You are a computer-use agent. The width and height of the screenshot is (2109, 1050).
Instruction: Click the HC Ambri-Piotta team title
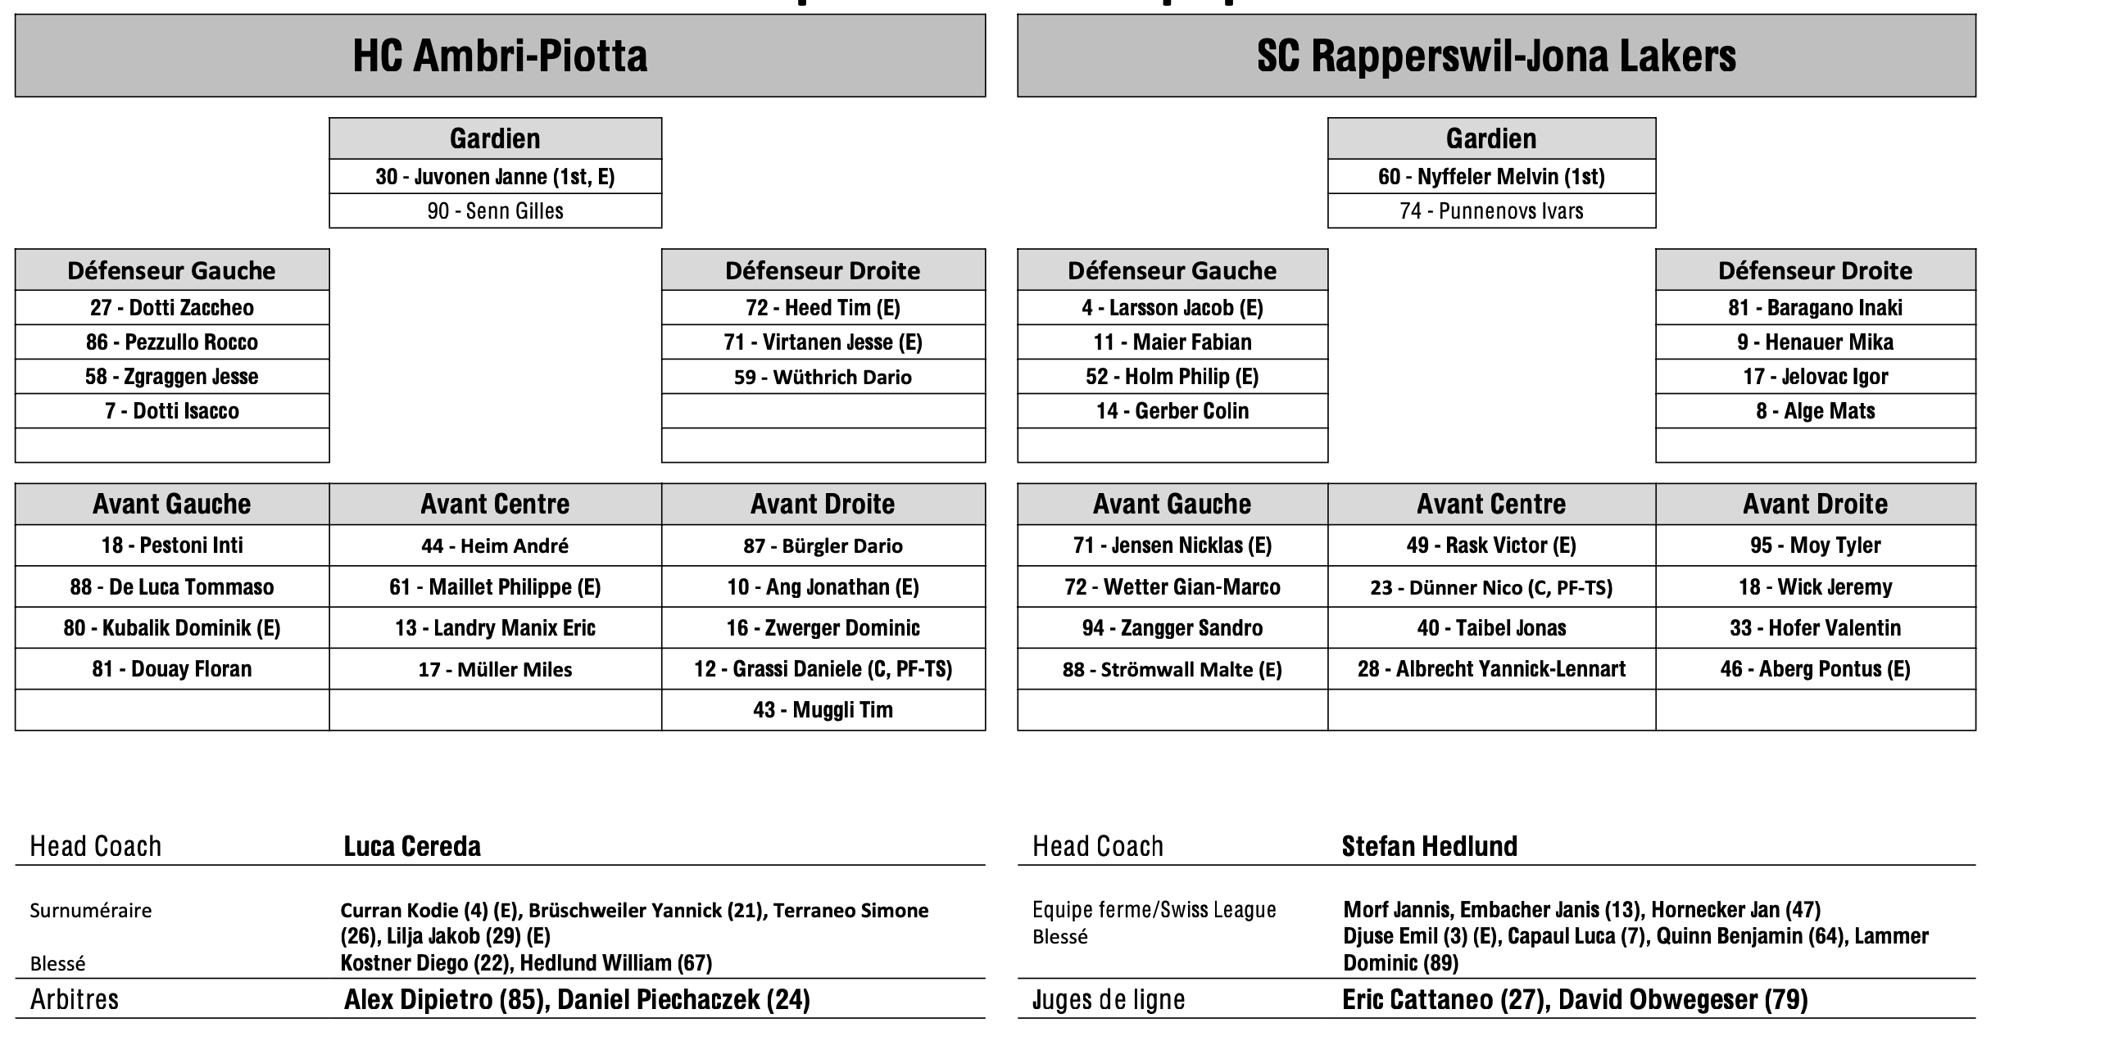click(500, 56)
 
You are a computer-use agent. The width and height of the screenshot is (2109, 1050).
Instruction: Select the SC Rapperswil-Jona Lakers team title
click(1496, 56)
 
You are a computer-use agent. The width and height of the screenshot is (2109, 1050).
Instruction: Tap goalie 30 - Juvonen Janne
click(495, 177)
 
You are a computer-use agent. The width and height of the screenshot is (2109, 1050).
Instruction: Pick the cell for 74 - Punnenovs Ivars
click(1491, 211)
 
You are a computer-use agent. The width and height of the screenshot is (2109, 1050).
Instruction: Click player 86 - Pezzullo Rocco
click(172, 342)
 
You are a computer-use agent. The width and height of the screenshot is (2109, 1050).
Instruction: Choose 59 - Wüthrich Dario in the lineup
click(823, 377)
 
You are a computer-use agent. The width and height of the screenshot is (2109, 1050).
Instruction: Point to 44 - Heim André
click(495, 545)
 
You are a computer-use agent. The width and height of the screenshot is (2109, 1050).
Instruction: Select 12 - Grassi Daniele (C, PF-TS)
click(823, 669)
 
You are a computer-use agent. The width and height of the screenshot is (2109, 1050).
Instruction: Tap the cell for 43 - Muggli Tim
click(823, 710)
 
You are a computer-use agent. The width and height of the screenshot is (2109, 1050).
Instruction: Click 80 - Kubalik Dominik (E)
click(172, 628)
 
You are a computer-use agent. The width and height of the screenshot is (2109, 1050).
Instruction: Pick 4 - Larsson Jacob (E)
click(1172, 308)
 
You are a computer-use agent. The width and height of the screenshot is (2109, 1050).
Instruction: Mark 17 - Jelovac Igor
click(1815, 377)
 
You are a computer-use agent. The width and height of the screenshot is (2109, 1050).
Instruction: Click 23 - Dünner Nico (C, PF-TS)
click(1491, 587)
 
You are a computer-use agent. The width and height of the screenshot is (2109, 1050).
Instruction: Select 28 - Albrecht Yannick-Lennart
click(1491, 669)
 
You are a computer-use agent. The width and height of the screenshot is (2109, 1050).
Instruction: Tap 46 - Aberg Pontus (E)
click(1815, 669)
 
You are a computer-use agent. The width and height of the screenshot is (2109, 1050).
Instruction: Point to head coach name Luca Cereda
click(412, 846)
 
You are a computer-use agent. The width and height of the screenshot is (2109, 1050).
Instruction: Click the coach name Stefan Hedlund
click(1429, 846)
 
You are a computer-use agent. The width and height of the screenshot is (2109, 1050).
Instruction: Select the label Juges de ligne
click(1108, 999)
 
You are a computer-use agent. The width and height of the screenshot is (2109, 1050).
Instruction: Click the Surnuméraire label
click(91, 911)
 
